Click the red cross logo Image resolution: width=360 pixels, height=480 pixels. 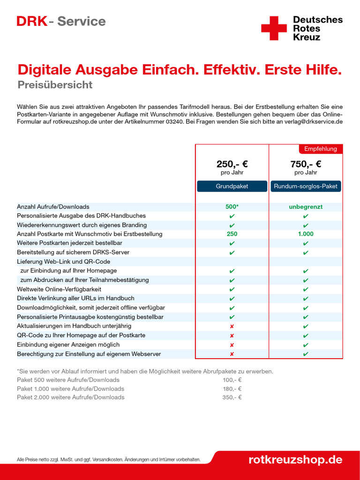coord(274,28)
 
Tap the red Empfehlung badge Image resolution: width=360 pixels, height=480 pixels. coord(321,149)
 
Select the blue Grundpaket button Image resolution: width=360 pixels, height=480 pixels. coord(232,186)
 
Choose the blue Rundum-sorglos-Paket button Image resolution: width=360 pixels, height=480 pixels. coord(306,186)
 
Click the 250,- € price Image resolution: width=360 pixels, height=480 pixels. coord(232,165)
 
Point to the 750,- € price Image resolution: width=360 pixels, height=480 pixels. coord(306,165)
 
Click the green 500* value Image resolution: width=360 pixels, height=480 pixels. coord(232,207)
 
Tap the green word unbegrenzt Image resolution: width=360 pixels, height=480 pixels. coord(306,207)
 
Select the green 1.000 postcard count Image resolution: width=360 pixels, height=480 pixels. coord(306,234)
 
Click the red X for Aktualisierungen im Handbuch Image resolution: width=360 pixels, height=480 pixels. coord(232,326)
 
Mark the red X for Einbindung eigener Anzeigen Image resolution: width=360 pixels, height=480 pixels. coord(232,345)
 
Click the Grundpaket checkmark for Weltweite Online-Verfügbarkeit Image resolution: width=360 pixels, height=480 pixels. coord(232,289)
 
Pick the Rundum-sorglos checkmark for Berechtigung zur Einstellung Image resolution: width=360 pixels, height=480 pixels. coord(306,354)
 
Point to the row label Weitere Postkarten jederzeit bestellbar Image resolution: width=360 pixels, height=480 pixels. coord(69,243)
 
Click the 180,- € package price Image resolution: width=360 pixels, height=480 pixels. coord(232,389)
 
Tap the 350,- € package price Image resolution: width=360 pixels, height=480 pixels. coord(232,397)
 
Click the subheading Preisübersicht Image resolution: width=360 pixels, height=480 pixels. coord(55,85)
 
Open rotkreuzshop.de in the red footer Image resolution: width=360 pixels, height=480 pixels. coord(295,459)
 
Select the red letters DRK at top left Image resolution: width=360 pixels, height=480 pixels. coord(32,22)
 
